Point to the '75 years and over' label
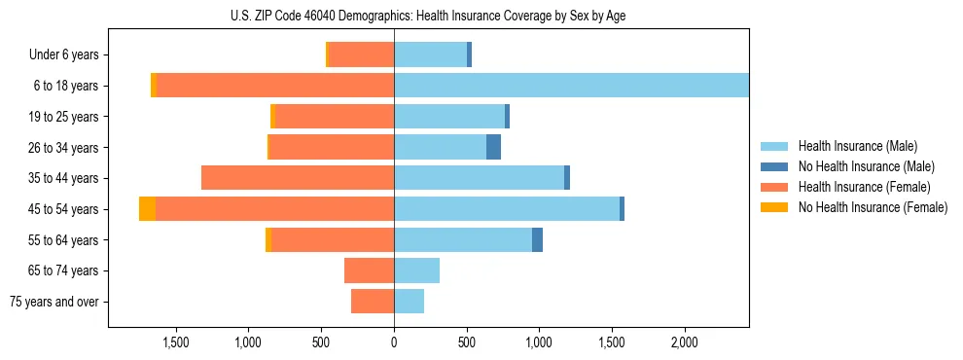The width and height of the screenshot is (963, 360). click(x=53, y=302)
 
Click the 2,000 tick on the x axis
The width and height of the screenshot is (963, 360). click(x=684, y=342)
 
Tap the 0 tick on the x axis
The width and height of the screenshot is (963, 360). click(x=394, y=342)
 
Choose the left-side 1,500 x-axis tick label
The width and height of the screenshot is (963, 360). click(x=176, y=342)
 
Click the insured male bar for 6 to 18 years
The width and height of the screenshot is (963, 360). click(x=571, y=86)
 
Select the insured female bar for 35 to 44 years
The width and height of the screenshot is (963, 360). click(x=298, y=178)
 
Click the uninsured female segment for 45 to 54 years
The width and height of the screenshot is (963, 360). click(x=147, y=209)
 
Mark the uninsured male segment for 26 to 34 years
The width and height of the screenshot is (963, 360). click(x=493, y=147)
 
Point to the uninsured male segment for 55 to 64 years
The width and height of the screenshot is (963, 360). click(x=537, y=240)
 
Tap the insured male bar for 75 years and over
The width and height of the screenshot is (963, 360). click(x=409, y=302)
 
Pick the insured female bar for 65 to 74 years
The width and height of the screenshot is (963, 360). click(x=369, y=270)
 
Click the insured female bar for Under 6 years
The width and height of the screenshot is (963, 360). click(x=362, y=55)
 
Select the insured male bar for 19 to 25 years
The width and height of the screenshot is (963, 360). click(x=449, y=117)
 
